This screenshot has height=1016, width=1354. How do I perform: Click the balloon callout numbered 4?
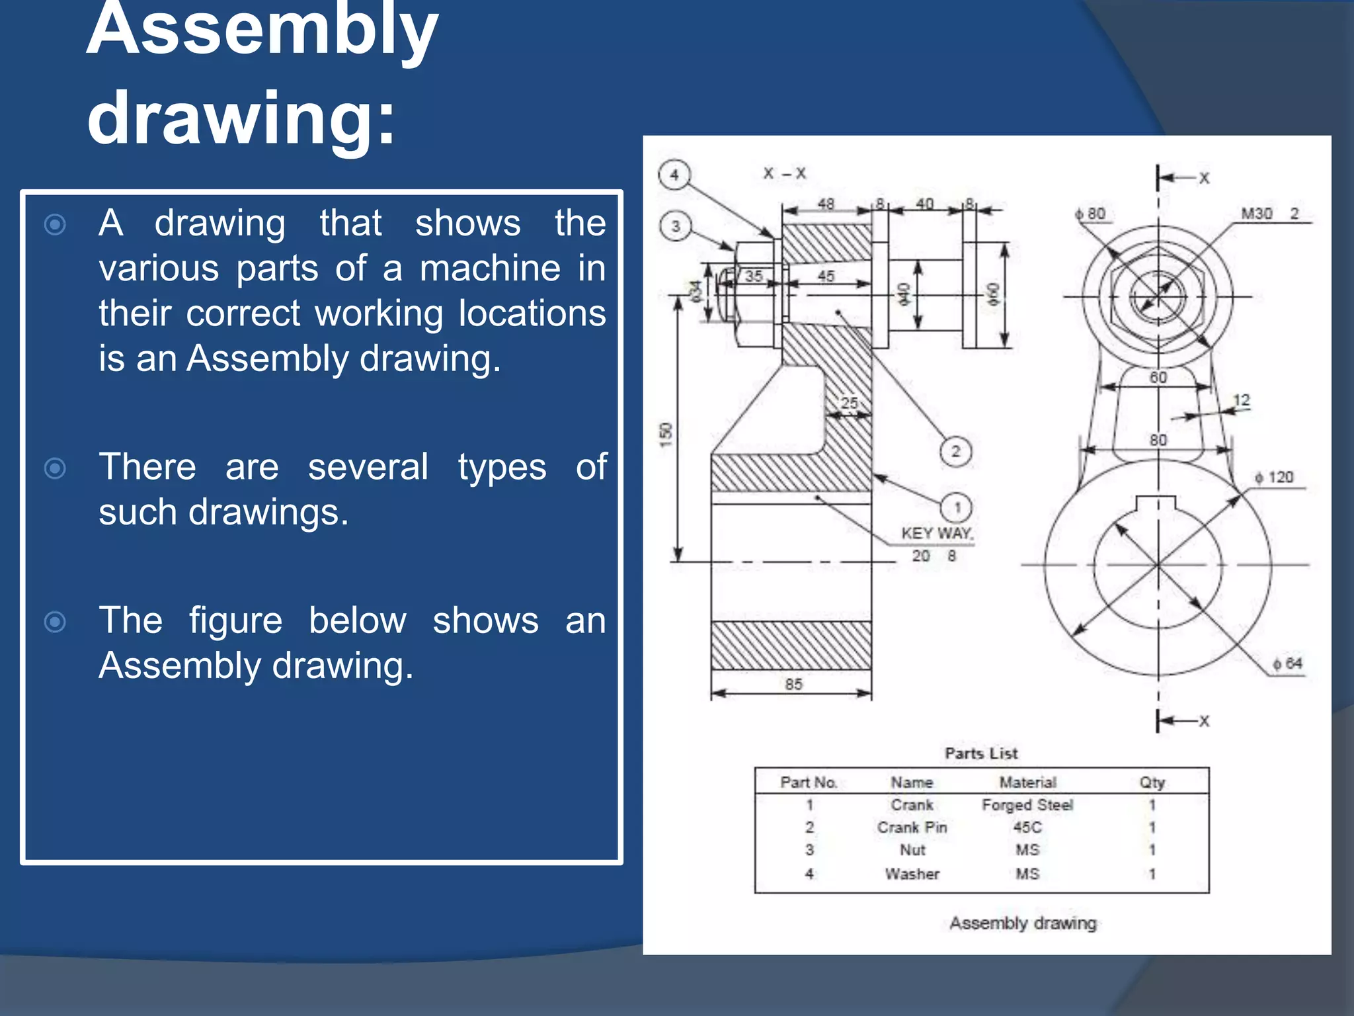pyautogui.click(x=674, y=175)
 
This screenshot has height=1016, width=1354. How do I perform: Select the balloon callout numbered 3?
pyautogui.click(x=675, y=226)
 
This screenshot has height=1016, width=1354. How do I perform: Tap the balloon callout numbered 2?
pyautogui.click(x=955, y=452)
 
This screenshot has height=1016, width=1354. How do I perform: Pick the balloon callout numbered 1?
pyautogui.click(x=956, y=508)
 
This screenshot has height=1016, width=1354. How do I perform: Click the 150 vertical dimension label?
pyautogui.click(x=666, y=434)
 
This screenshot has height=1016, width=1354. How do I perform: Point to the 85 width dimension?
pyautogui.click(x=793, y=684)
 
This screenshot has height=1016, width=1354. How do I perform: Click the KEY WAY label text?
pyautogui.click(x=936, y=533)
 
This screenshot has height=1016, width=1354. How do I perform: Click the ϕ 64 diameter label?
pyautogui.click(x=1287, y=663)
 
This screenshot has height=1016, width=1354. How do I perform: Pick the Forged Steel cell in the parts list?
pyautogui.click(x=1027, y=805)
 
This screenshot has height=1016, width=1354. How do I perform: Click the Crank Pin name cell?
pyautogui.click(x=912, y=827)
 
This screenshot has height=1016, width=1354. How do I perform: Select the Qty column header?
pyautogui.click(x=1152, y=783)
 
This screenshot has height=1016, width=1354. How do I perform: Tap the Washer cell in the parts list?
pyautogui.click(x=912, y=874)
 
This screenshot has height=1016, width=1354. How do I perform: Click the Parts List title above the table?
pyautogui.click(x=981, y=753)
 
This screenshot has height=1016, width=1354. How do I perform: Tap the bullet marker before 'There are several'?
pyautogui.click(x=55, y=468)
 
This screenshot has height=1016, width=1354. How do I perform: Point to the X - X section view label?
pyautogui.click(x=784, y=174)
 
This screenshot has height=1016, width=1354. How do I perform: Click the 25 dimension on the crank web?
pyautogui.click(x=849, y=403)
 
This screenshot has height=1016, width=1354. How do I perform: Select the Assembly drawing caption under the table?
pyautogui.click(x=1023, y=923)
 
